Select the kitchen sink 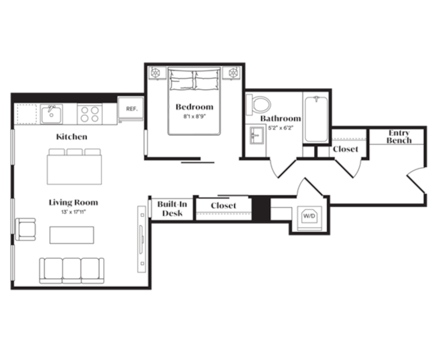[x=51, y=114]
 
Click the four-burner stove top [x=90, y=114]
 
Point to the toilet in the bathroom [x=259, y=104]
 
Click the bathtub [x=316, y=119]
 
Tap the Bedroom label [x=194, y=107]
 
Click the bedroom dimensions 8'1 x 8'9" [x=194, y=117]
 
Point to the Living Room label [x=73, y=202]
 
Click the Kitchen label [x=72, y=137]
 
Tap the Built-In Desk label [x=172, y=209]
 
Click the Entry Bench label [x=399, y=137]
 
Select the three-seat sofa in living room [x=72, y=270]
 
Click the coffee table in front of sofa [x=72, y=235]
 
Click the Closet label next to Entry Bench [x=346, y=149]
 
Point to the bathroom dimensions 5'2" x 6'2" [x=281, y=128]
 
